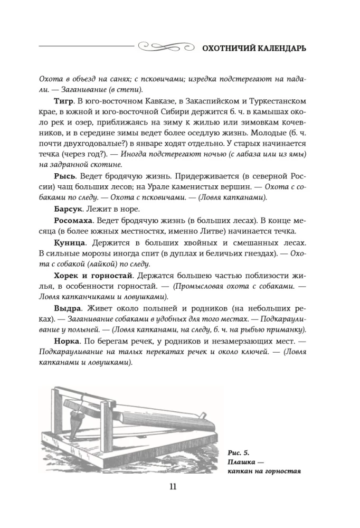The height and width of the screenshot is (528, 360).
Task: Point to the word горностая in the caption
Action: pos(281,472)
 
